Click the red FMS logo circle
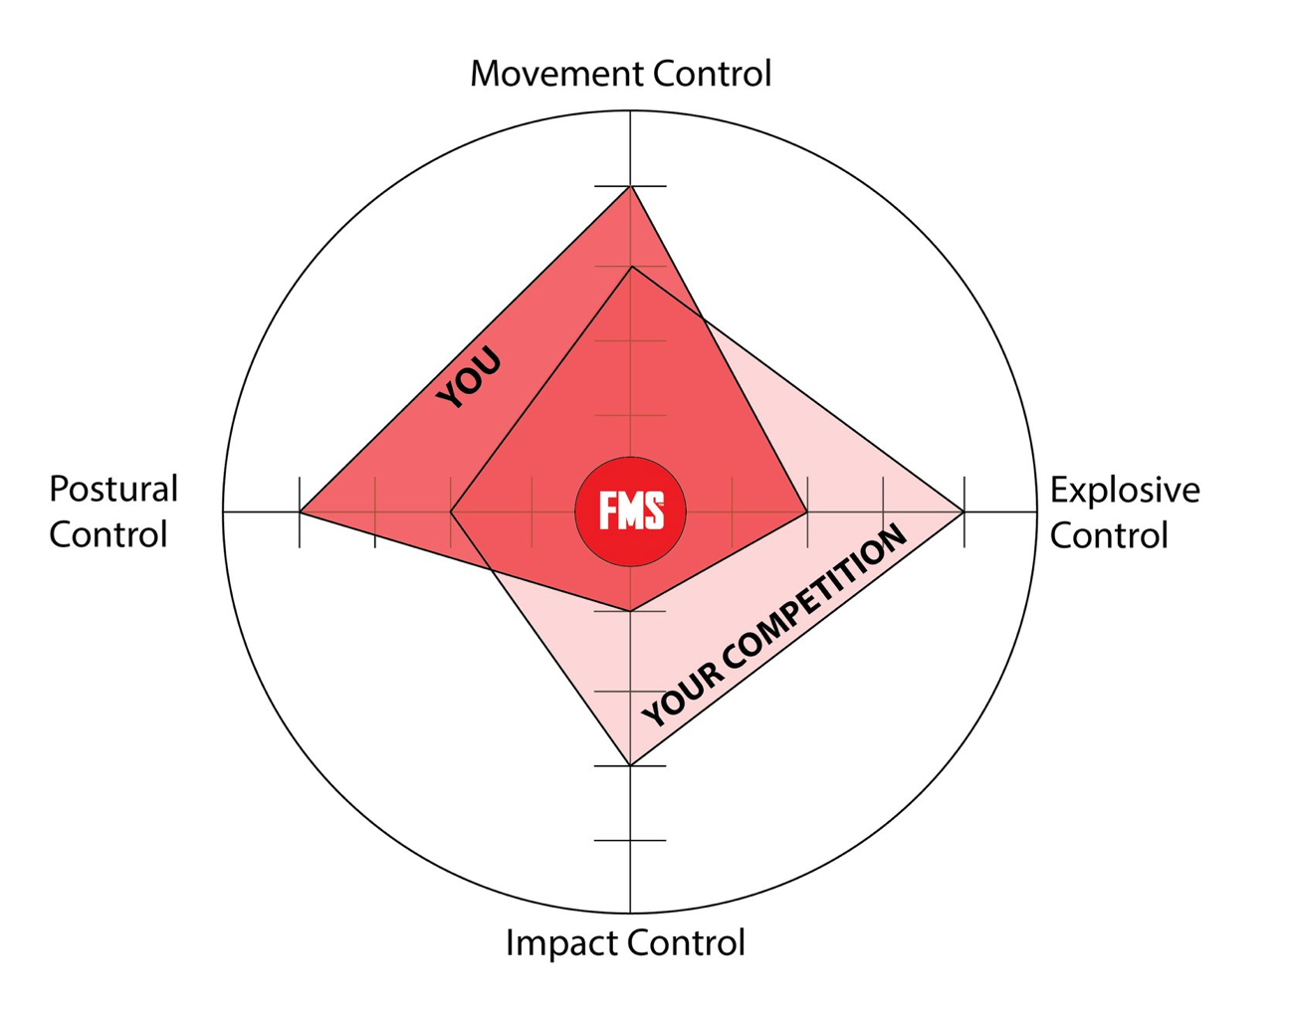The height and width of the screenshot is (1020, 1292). click(x=630, y=511)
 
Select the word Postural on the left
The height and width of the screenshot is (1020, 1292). click(x=113, y=490)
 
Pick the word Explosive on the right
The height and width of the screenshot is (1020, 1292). click(x=1125, y=490)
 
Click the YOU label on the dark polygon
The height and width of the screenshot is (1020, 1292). click(x=470, y=378)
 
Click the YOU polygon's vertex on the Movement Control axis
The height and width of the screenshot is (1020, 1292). click(x=630, y=186)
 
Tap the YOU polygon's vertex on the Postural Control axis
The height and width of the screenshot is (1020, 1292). click(x=300, y=511)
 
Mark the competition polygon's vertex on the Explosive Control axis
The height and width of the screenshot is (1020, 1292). click(x=964, y=511)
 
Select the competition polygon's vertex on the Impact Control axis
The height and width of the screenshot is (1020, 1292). click(x=630, y=765)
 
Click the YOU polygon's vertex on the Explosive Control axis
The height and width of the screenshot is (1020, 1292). click(x=807, y=511)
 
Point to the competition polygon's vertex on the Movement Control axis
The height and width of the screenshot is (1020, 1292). click(x=630, y=267)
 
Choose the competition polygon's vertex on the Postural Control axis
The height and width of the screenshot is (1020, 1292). click(x=451, y=511)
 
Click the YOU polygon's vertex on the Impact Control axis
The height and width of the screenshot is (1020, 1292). click(x=630, y=611)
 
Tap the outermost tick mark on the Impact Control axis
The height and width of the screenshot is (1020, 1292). click(x=630, y=841)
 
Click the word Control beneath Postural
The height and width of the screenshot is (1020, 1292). click(x=108, y=535)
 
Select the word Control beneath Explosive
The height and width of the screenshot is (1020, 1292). click(x=1109, y=535)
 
